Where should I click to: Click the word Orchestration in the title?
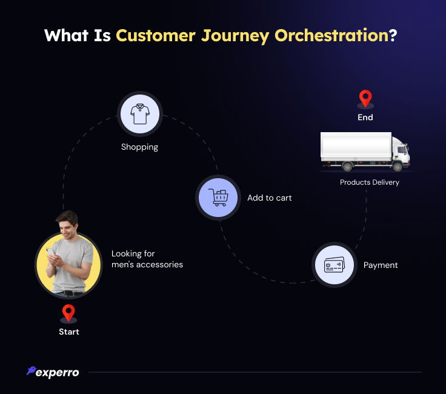click(x=331, y=35)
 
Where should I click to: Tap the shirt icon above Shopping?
click(x=139, y=114)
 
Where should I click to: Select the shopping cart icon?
click(x=218, y=197)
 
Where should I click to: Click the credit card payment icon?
click(x=334, y=265)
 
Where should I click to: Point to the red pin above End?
click(x=365, y=98)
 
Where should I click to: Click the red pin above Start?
click(x=68, y=313)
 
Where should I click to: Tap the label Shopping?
click(x=139, y=147)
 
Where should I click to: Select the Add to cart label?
click(x=270, y=198)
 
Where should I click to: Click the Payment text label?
click(x=381, y=265)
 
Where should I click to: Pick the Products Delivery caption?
click(x=370, y=182)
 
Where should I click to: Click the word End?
click(x=365, y=118)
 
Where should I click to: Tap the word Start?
click(x=68, y=332)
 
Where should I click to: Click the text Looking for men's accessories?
click(x=147, y=259)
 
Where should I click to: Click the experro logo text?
click(x=57, y=373)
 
